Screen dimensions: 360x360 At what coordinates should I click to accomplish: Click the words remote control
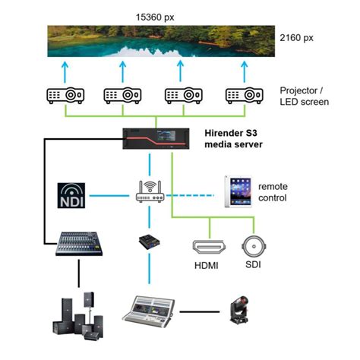pos(273,192)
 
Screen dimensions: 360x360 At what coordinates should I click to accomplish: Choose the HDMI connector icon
pos(207,247)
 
